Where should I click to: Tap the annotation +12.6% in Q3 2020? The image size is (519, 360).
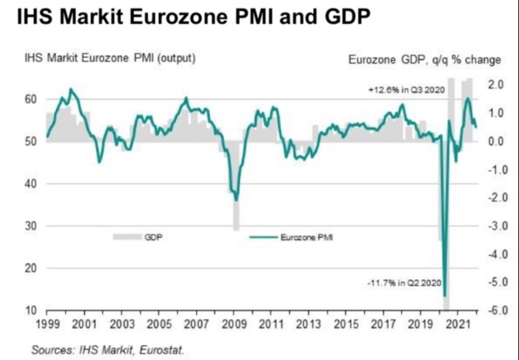pos(402,89)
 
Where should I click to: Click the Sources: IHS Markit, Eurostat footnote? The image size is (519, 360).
pos(108,350)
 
